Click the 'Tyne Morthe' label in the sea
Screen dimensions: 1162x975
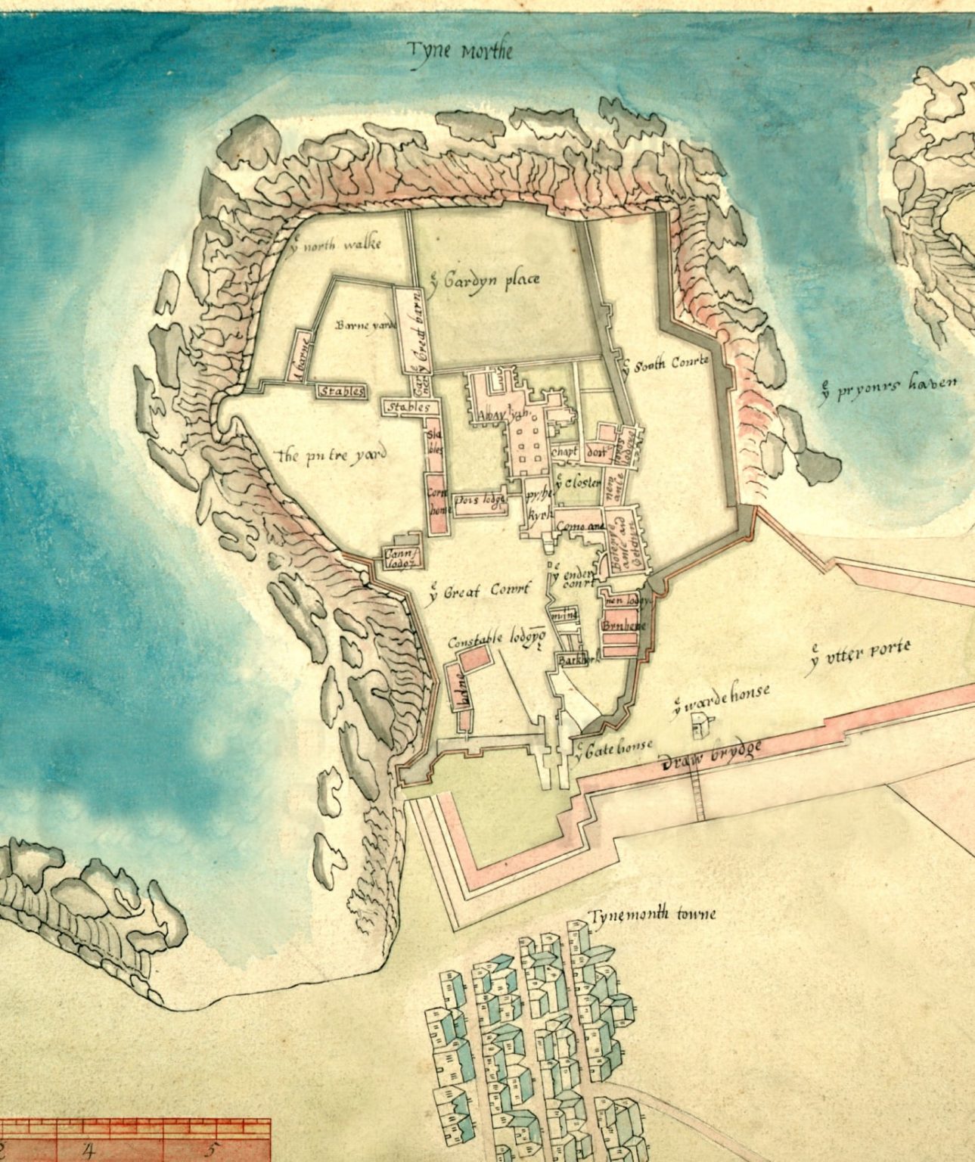pos(460,51)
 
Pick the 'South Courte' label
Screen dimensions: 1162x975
pos(669,364)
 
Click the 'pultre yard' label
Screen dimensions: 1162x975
pos(332,455)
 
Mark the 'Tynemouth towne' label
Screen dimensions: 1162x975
pos(654,915)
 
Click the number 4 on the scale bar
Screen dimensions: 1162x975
pos(88,1151)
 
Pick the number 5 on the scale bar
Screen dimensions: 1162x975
pos(208,1151)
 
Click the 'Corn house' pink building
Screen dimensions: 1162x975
pos(436,502)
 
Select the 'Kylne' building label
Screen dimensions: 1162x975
pos(460,691)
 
